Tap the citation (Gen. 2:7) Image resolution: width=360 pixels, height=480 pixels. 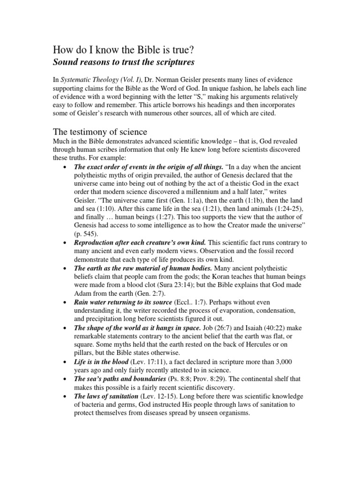click(164, 294)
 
